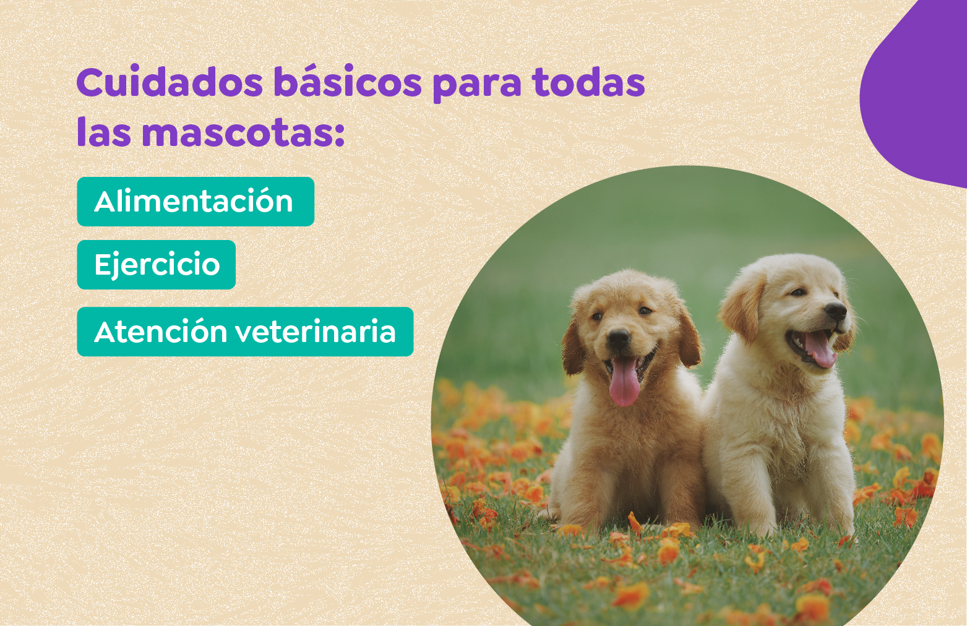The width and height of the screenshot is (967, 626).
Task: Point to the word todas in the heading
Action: point(588,83)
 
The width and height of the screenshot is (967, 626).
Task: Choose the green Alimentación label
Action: point(195,202)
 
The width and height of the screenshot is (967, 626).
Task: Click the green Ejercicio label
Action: point(157,265)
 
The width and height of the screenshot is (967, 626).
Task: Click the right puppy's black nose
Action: point(836,311)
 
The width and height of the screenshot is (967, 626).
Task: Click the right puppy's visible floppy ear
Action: point(744,306)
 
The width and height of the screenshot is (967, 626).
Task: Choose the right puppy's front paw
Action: point(767,526)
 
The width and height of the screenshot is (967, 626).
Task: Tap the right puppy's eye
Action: point(797,292)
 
